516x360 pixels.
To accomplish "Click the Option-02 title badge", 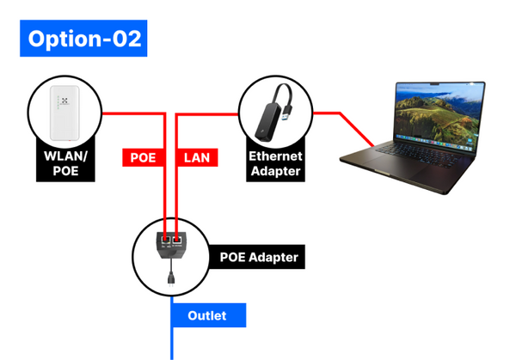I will (x=83, y=39).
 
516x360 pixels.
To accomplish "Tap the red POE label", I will (x=143, y=157).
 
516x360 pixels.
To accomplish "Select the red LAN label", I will (x=197, y=157).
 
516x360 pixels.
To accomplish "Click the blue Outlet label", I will (x=206, y=315).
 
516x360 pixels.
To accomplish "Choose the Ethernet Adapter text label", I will (x=274, y=163).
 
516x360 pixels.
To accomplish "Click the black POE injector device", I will (x=171, y=247).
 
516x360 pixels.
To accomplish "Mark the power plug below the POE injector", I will (x=171, y=277).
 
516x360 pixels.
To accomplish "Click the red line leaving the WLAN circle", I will (x=129, y=113).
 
